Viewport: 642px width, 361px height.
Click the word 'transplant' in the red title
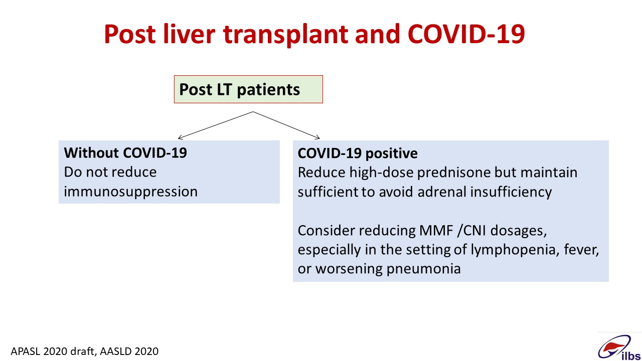(x=285, y=35)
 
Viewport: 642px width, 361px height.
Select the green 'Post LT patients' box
(x=248, y=89)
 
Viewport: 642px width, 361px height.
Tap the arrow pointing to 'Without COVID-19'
(x=216, y=125)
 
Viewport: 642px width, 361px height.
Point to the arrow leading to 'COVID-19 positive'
(x=286, y=125)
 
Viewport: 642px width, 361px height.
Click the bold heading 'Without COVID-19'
(x=125, y=153)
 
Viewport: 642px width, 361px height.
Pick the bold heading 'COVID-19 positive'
(x=358, y=153)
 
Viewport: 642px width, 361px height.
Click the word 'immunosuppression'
(x=131, y=192)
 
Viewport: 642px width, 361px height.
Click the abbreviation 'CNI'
(x=474, y=231)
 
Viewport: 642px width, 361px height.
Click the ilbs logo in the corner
(x=619, y=347)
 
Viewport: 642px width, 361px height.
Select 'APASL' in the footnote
(x=26, y=351)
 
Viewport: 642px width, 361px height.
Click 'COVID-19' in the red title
(x=466, y=34)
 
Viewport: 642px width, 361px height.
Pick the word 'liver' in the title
(x=189, y=34)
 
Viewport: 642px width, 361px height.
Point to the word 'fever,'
(x=581, y=250)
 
